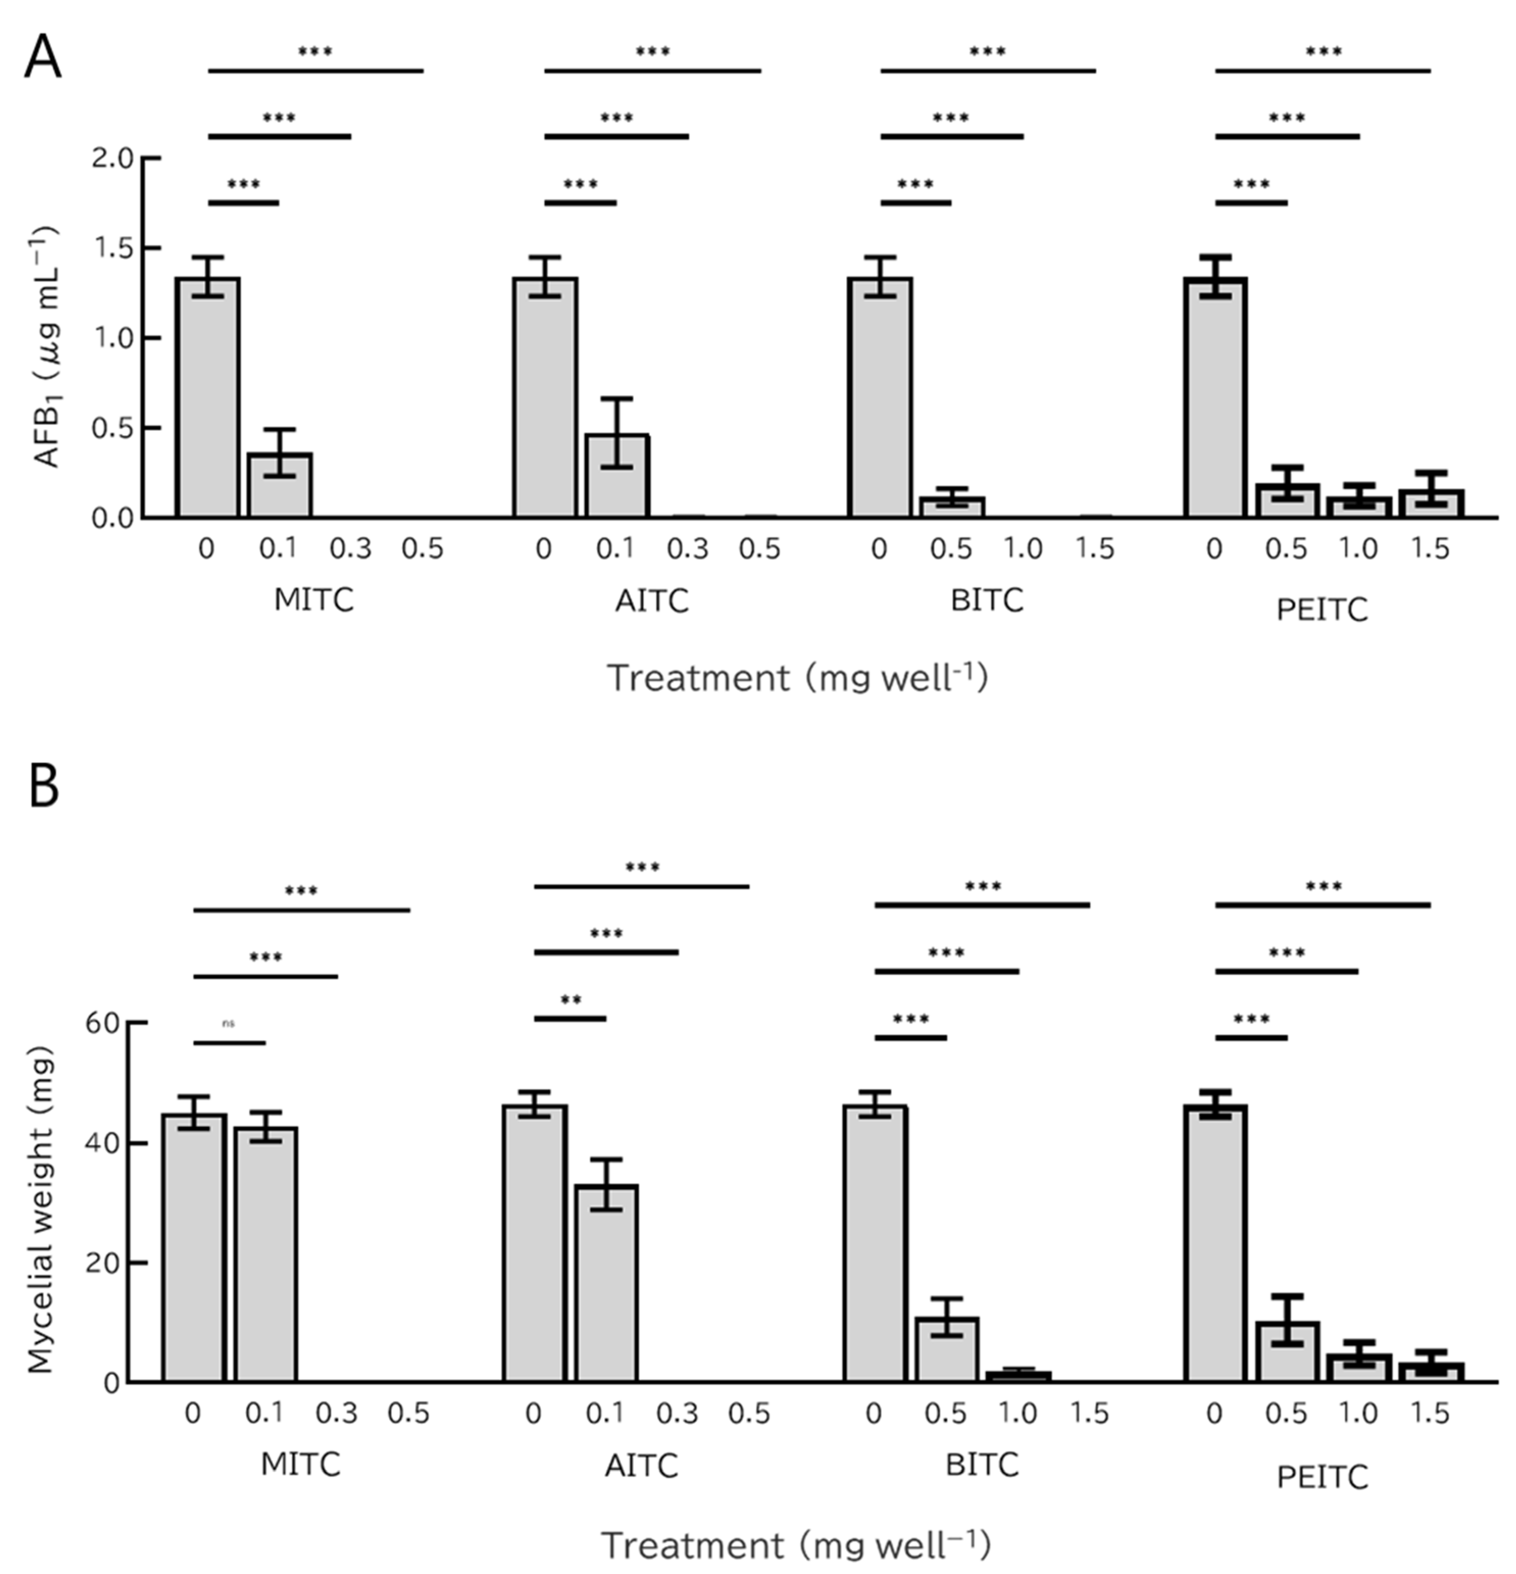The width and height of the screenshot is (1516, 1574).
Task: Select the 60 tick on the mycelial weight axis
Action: [x=103, y=1023]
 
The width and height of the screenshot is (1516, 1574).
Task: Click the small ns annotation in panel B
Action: [x=229, y=1024]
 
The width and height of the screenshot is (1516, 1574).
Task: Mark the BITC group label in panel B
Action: [x=981, y=1465]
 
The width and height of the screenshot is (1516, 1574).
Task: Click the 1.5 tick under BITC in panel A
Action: [x=1095, y=549]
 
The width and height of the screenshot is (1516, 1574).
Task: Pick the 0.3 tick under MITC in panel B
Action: [x=336, y=1413]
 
